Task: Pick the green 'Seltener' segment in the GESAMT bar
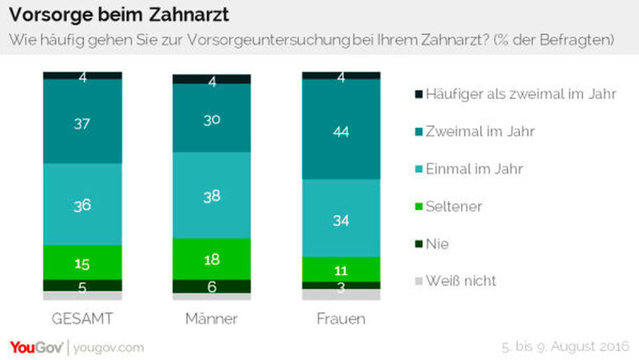point(82,262)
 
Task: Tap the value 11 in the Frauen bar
point(341,268)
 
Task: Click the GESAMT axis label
point(82,319)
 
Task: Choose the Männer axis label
point(212,319)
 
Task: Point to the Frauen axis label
point(341,319)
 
